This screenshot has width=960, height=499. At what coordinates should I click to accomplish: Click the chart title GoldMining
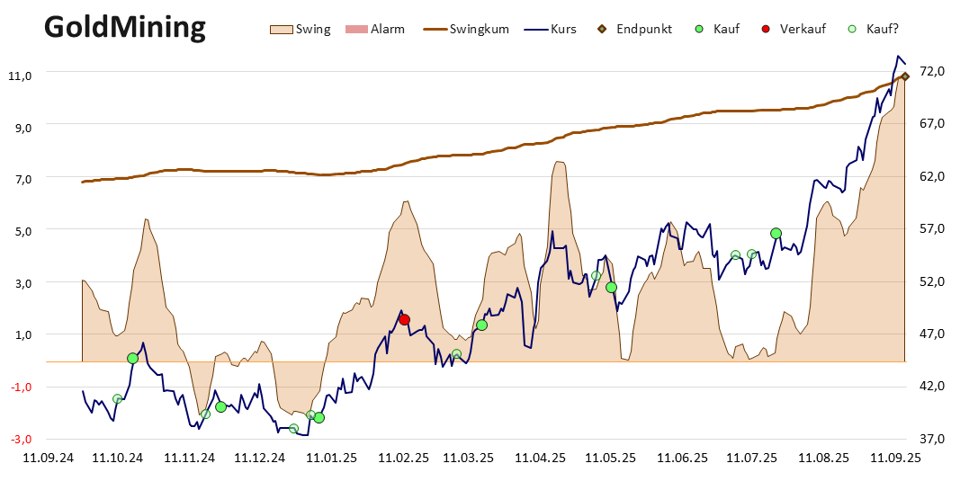pos(125,28)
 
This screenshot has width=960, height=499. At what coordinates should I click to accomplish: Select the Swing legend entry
pos(300,30)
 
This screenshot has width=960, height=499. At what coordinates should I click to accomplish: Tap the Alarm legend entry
pos(374,30)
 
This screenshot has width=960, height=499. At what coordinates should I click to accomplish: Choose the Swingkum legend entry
pos(466,30)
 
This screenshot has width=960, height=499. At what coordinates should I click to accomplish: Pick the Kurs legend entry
pos(551,30)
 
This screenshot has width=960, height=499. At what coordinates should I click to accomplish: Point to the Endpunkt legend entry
pos(635,30)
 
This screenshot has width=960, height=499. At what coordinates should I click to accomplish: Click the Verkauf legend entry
pos(794,30)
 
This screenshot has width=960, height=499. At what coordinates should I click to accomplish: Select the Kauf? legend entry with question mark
pos(873,30)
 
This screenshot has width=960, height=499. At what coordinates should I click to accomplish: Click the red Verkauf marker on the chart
pos(404,320)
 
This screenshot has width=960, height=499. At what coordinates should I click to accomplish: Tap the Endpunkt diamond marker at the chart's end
pos(905,76)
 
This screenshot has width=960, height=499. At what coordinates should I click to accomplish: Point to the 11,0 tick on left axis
pos(20,76)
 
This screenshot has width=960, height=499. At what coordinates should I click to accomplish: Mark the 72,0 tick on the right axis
pos(932,72)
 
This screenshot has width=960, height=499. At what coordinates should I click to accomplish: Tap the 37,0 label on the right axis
pos(932,439)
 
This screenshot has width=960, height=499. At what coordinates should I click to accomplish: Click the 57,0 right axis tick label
pos(932,228)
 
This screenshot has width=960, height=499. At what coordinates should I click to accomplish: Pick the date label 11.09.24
pos(49,458)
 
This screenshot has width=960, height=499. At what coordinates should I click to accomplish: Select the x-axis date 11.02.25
pos(403,458)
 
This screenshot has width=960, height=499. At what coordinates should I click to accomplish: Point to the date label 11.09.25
pos(896,458)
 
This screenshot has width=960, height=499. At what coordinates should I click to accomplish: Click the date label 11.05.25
pos(610,458)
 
